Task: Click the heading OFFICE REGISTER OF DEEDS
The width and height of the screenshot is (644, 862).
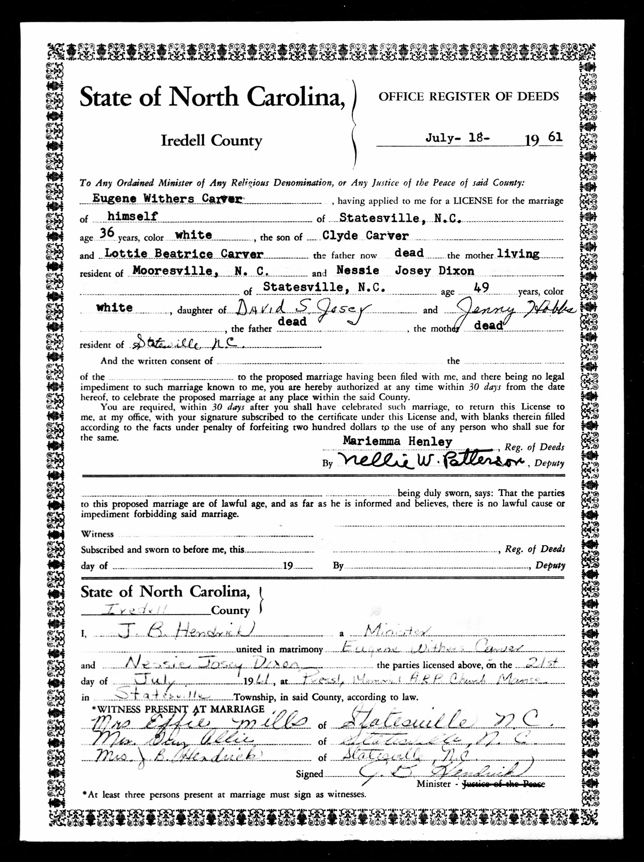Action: pyautogui.click(x=469, y=97)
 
